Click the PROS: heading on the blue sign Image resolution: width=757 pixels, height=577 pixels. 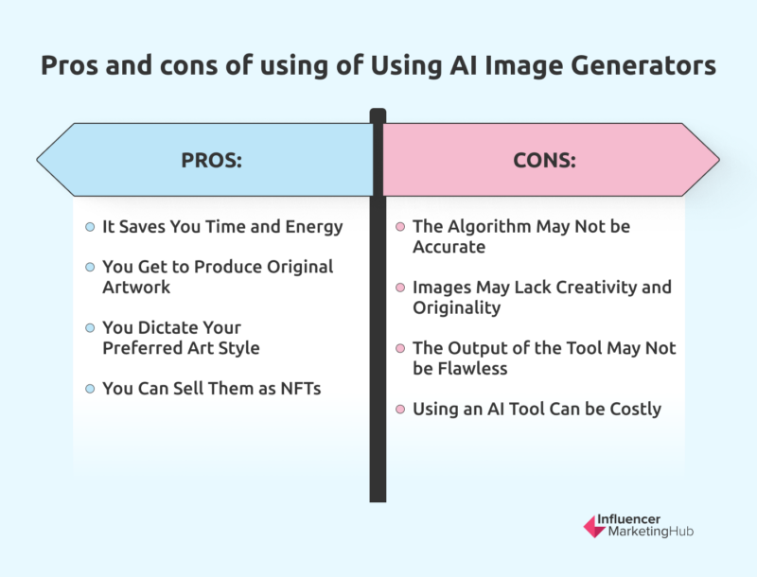(x=212, y=160)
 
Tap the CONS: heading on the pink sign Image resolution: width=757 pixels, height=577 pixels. (x=544, y=160)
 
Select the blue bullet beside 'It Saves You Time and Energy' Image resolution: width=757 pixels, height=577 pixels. (x=90, y=227)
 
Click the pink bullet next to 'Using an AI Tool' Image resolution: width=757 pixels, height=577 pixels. (x=400, y=409)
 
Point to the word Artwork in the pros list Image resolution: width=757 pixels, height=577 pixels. (x=136, y=287)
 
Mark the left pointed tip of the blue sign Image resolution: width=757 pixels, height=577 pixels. (x=38, y=159)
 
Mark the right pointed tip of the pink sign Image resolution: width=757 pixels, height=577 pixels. (x=718, y=159)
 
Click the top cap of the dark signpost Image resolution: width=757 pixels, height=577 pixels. (x=378, y=114)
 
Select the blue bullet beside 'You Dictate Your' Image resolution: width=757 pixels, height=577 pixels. (x=90, y=327)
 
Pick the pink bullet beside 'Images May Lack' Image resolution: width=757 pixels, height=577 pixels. (x=400, y=288)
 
